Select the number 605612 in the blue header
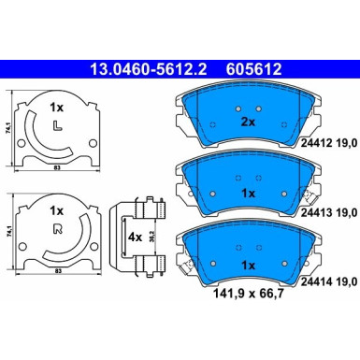249,68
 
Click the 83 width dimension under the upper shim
57,166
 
